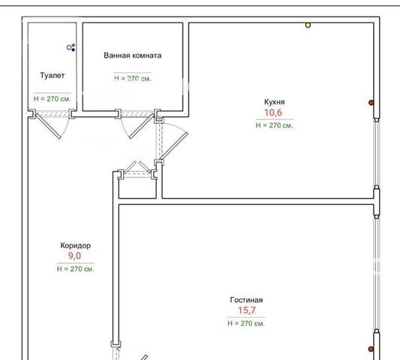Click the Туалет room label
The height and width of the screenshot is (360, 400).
click(53, 76)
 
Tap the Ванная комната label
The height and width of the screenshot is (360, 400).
click(133, 55)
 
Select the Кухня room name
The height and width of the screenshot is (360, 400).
click(275, 102)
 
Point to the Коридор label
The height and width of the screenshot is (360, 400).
click(76, 245)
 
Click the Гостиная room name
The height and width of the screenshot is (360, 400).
click(246, 300)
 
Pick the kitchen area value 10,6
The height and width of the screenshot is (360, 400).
click(273, 112)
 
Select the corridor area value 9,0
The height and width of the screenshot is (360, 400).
click(74, 256)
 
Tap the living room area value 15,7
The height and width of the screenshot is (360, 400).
click(247, 310)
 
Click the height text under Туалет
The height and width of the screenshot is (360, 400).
click(53, 99)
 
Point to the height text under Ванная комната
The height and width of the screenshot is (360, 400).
click(133, 78)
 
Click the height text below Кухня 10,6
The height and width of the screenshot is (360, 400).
click(275, 125)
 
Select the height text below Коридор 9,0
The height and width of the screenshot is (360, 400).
click(76, 269)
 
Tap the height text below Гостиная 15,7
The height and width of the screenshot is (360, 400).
click(246, 323)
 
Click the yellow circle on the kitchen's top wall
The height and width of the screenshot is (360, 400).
click(308, 25)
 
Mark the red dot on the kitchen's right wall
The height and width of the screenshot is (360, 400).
click(371, 103)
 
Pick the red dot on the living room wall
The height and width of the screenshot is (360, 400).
click(371, 349)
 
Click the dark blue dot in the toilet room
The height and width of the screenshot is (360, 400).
click(74, 49)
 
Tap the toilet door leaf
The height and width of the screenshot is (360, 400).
click(48, 126)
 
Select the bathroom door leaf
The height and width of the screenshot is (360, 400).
click(142, 127)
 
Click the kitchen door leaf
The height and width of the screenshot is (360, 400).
click(174, 146)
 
